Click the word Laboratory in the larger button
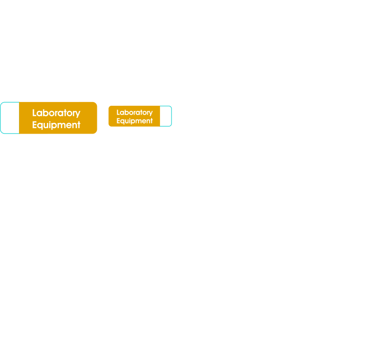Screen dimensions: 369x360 [56, 113]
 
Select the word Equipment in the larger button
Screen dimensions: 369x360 [56, 125]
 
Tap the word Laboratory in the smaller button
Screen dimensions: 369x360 [134, 113]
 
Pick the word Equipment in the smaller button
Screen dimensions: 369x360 [134, 121]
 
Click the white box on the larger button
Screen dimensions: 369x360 [10, 118]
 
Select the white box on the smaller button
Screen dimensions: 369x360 [165, 116]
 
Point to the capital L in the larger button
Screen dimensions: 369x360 [34, 113]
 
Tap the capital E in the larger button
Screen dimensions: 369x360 [35, 125]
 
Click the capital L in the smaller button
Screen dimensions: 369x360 [118, 112]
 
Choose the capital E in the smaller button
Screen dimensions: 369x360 [118, 121]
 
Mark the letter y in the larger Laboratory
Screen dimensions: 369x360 [78, 114]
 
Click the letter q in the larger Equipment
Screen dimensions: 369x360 [40, 126]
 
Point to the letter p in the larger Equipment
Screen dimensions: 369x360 [53, 126]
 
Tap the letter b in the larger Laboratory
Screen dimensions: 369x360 [45, 113]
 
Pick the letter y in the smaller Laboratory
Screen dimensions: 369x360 [151, 114]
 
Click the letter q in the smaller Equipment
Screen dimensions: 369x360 [122, 122]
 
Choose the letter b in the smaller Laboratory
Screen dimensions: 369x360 [126, 112]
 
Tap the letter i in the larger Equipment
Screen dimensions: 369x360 [49, 124]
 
